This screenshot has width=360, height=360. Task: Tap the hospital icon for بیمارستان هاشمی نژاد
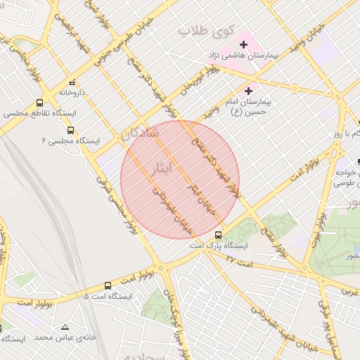click(x=244, y=44)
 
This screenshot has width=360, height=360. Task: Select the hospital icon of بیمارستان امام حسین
click(x=247, y=91)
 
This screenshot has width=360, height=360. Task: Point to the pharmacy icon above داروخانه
click(x=71, y=82)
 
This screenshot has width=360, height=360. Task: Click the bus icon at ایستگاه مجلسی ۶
click(x=70, y=130)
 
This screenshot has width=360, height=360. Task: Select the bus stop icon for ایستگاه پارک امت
click(x=218, y=235)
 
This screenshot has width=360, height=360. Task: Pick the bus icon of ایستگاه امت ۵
click(x=108, y=285)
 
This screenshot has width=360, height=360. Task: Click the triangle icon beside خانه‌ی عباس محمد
click(x=65, y=327)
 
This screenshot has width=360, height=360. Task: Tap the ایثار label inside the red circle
click(x=160, y=168)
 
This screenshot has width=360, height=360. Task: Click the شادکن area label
click(x=139, y=133)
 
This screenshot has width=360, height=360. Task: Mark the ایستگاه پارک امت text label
click(x=219, y=247)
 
